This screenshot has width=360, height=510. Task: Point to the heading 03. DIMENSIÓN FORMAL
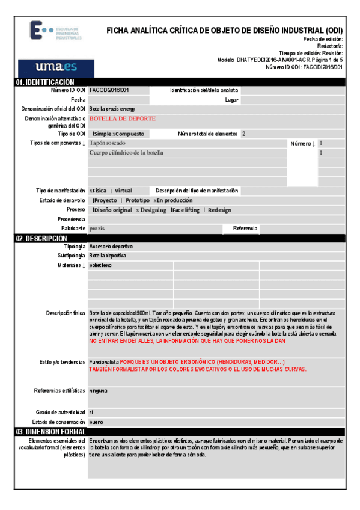click(51, 432)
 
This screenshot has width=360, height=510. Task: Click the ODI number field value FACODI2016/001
click(109, 90)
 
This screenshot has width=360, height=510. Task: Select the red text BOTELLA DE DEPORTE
click(123, 119)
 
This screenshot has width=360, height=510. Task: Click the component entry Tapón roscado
click(108, 143)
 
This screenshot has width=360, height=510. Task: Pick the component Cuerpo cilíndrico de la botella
click(126, 153)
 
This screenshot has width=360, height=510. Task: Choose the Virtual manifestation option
click(123, 191)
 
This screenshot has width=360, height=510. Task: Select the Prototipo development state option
click(138, 200)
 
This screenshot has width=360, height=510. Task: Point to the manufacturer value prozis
click(97, 229)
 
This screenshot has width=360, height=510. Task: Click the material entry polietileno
click(100, 265)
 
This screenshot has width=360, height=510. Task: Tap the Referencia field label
click(245, 229)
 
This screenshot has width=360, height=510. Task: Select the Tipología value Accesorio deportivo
click(111, 247)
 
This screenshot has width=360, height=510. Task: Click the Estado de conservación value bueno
click(96, 422)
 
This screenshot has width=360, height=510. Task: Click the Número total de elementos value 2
click(243, 134)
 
